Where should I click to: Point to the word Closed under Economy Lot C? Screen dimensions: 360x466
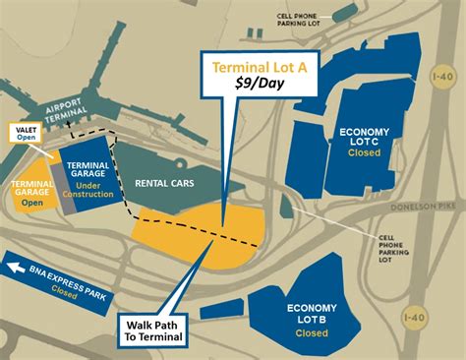click(364, 154)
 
